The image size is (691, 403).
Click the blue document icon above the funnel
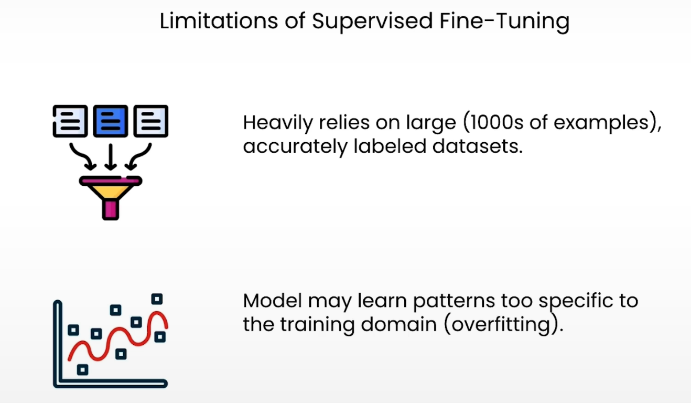110,121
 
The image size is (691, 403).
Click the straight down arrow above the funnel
110,156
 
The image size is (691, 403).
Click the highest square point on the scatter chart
157,299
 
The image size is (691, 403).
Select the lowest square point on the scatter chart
82,369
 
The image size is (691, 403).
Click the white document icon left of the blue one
70,121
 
